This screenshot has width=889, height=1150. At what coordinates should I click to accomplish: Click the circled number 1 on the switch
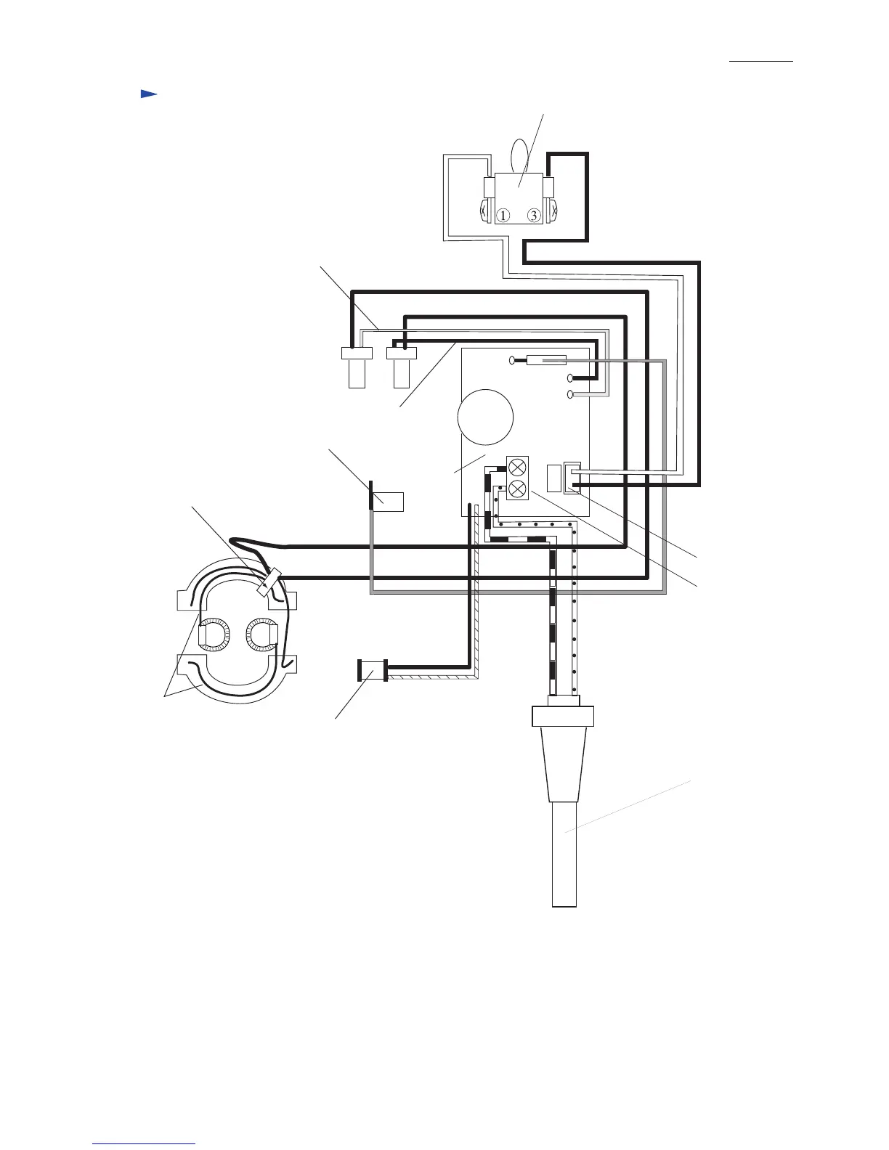pyautogui.click(x=503, y=216)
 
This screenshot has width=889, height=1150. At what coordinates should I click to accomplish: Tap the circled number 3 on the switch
pyautogui.click(x=533, y=216)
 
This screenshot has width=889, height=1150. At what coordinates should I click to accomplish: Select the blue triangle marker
pyautogui.click(x=148, y=94)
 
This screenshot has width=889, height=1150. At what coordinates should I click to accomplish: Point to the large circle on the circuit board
pyautogui.click(x=486, y=417)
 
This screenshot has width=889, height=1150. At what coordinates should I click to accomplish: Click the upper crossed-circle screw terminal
pyautogui.click(x=518, y=468)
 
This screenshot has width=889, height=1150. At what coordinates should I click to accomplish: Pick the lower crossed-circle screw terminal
pyautogui.click(x=518, y=489)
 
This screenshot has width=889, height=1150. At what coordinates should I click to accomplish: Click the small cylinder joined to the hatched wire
pyautogui.click(x=373, y=670)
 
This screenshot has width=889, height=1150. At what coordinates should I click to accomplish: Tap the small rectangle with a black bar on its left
pyautogui.click(x=386, y=501)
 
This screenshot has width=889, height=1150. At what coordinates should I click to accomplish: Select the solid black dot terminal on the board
pyautogui.click(x=570, y=378)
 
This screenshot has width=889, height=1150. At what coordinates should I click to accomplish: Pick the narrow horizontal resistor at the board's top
pyautogui.click(x=545, y=359)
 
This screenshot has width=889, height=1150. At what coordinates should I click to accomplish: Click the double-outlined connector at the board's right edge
pyautogui.click(x=572, y=478)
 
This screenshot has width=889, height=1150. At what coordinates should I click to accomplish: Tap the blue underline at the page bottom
pyautogui.click(x=145, y=1144)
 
